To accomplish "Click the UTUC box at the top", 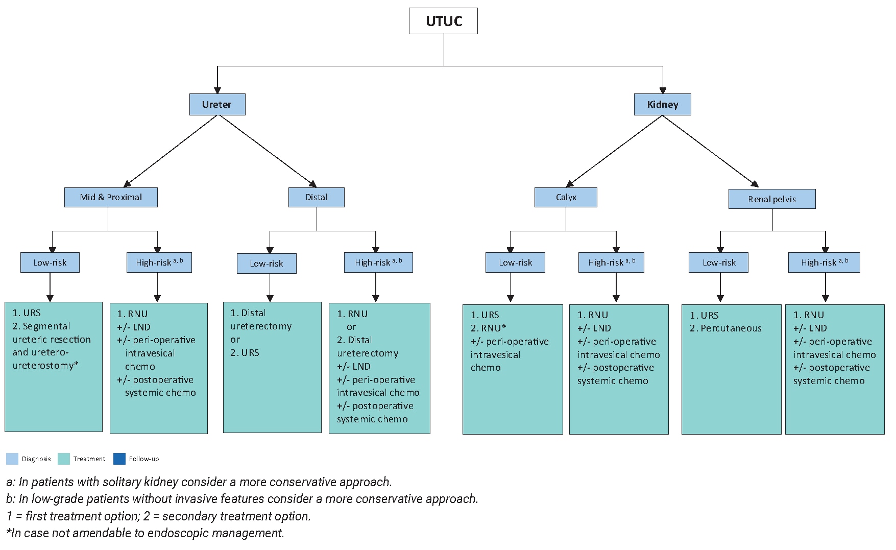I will pos(443,21).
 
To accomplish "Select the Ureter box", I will pos(217,104).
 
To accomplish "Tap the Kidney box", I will pos(662,104).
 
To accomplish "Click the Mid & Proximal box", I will pos(111,197).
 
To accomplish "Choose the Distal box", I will pos(317,197).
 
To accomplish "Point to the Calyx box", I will pos(566,197).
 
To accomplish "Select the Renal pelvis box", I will pos(771,199).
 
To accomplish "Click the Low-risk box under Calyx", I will pos(515,262).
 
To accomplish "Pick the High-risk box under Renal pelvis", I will pos(824,262).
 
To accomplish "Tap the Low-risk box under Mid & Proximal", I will pos(50,262).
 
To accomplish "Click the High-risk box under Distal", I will pos(378,262).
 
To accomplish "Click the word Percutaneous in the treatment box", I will pos(731,328).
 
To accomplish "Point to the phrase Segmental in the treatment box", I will pos(46,326).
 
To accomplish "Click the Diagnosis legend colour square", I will pos(12,459).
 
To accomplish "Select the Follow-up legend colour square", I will pos(119,459).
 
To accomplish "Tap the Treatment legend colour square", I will pos(64,459).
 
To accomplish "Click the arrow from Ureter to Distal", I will pos(268,151).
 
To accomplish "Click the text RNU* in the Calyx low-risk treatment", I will pos(493,328).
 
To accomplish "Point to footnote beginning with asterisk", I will pos(145,533).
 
